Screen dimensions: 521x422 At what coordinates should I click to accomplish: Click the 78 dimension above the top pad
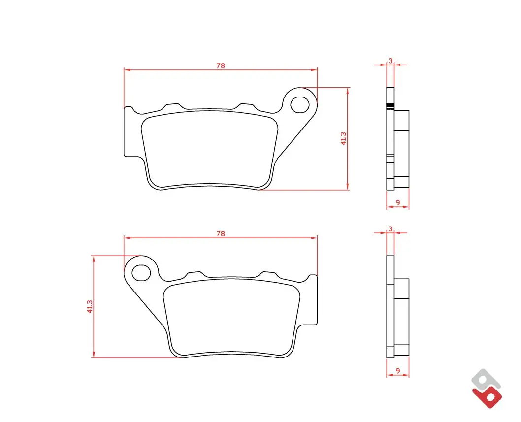pyautogui.click(x=221, y=66)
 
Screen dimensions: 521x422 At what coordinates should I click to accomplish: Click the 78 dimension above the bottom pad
pyautogui.click(x=221, y=234)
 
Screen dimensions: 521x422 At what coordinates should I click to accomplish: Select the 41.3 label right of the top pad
pyautogui.click(x=343, y=138)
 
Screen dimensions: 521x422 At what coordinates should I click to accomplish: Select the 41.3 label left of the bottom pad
pyautogui.click(x=90, y=307)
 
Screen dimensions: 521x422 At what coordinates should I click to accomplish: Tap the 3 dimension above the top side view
pyautogui.click(x=391, y=61)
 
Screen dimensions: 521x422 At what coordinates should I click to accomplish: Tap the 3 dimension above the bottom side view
pyautogui.click(x=391, y=229)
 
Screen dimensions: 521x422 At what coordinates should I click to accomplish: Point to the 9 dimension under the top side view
pyautogui.click(x=398, y=202)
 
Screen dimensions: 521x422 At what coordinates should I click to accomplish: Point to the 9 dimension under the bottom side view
pyautogui.click(x=398, y=370)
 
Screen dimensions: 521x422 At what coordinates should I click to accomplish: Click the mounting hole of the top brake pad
pyautogui.click(x=300, y=105)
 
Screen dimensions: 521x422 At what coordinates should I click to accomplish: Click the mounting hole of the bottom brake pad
pyautogui.click(x=141, y=273)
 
